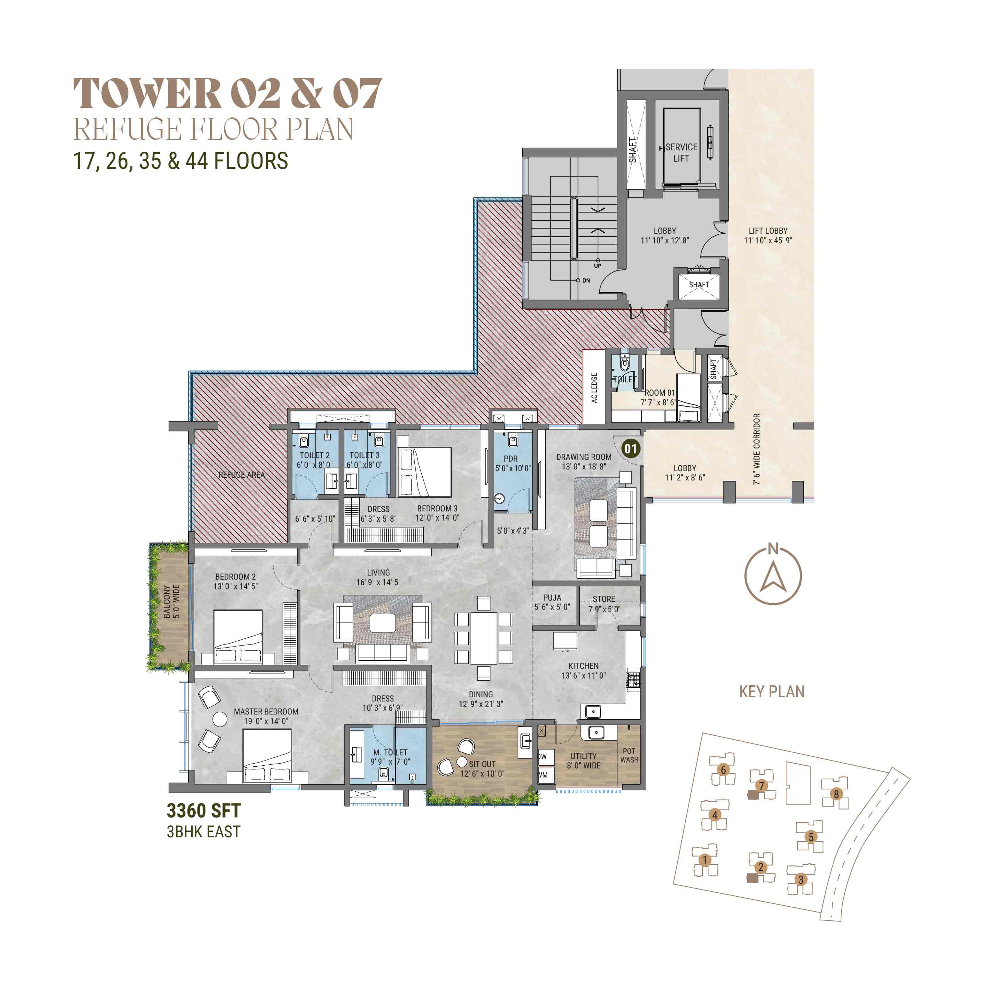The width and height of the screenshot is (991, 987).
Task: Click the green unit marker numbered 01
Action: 630,449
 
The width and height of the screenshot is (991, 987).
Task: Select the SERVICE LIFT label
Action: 681,153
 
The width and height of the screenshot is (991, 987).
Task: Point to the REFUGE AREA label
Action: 242,475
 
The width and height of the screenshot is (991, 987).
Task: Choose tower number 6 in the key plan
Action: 723,770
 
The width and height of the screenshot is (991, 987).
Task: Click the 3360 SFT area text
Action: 204,811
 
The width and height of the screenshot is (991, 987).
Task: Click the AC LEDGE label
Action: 594,387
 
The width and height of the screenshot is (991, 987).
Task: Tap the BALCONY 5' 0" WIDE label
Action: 171,601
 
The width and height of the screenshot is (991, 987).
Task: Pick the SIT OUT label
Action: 482,764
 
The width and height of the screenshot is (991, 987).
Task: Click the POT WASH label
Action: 629,755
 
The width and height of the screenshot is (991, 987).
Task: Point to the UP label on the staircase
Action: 597,266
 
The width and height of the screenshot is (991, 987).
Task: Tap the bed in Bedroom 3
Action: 424,472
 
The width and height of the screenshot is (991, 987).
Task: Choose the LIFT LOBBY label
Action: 768,231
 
